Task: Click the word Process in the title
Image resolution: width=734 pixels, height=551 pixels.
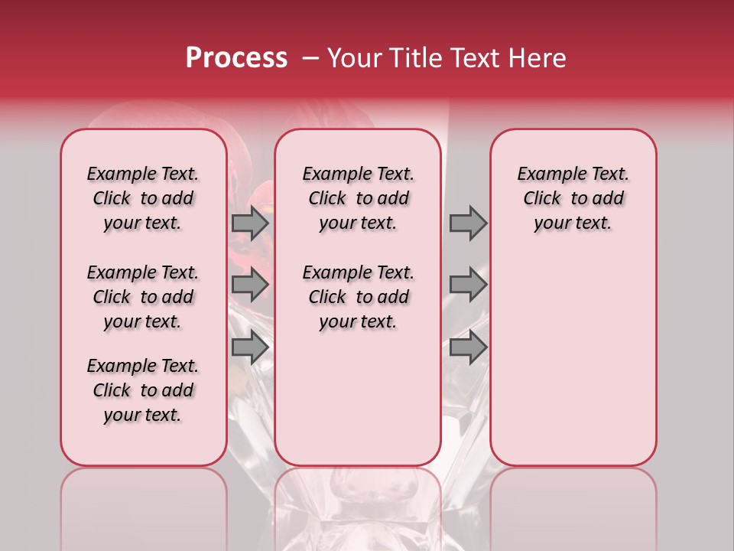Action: tap(236, 58)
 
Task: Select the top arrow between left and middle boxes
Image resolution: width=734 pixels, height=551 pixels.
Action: tap(249, 223)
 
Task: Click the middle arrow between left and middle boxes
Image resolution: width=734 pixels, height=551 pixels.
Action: tap(249, 285)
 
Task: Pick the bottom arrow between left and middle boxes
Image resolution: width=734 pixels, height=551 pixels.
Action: tap(249, 347)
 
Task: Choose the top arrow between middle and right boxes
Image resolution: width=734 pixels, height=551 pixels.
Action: tap(468, 223)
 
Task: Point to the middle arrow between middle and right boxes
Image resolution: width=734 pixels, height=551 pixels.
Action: tap(468, 285)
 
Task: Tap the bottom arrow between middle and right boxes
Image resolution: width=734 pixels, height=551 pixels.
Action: tap(468, 347)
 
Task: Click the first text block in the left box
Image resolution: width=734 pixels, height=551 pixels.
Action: tap(143, 198)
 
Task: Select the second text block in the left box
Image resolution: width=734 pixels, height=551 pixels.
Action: tap(143, 297)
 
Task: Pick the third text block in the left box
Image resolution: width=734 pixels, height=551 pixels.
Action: tap(143, 390)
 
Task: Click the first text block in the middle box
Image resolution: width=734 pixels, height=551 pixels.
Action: tap(359, 198)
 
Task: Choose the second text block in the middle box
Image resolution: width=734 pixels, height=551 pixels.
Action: tap(359, 297)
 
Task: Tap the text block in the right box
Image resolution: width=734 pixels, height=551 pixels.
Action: tap(573, 198)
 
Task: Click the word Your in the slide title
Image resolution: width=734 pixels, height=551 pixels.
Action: tap(352, 58)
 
